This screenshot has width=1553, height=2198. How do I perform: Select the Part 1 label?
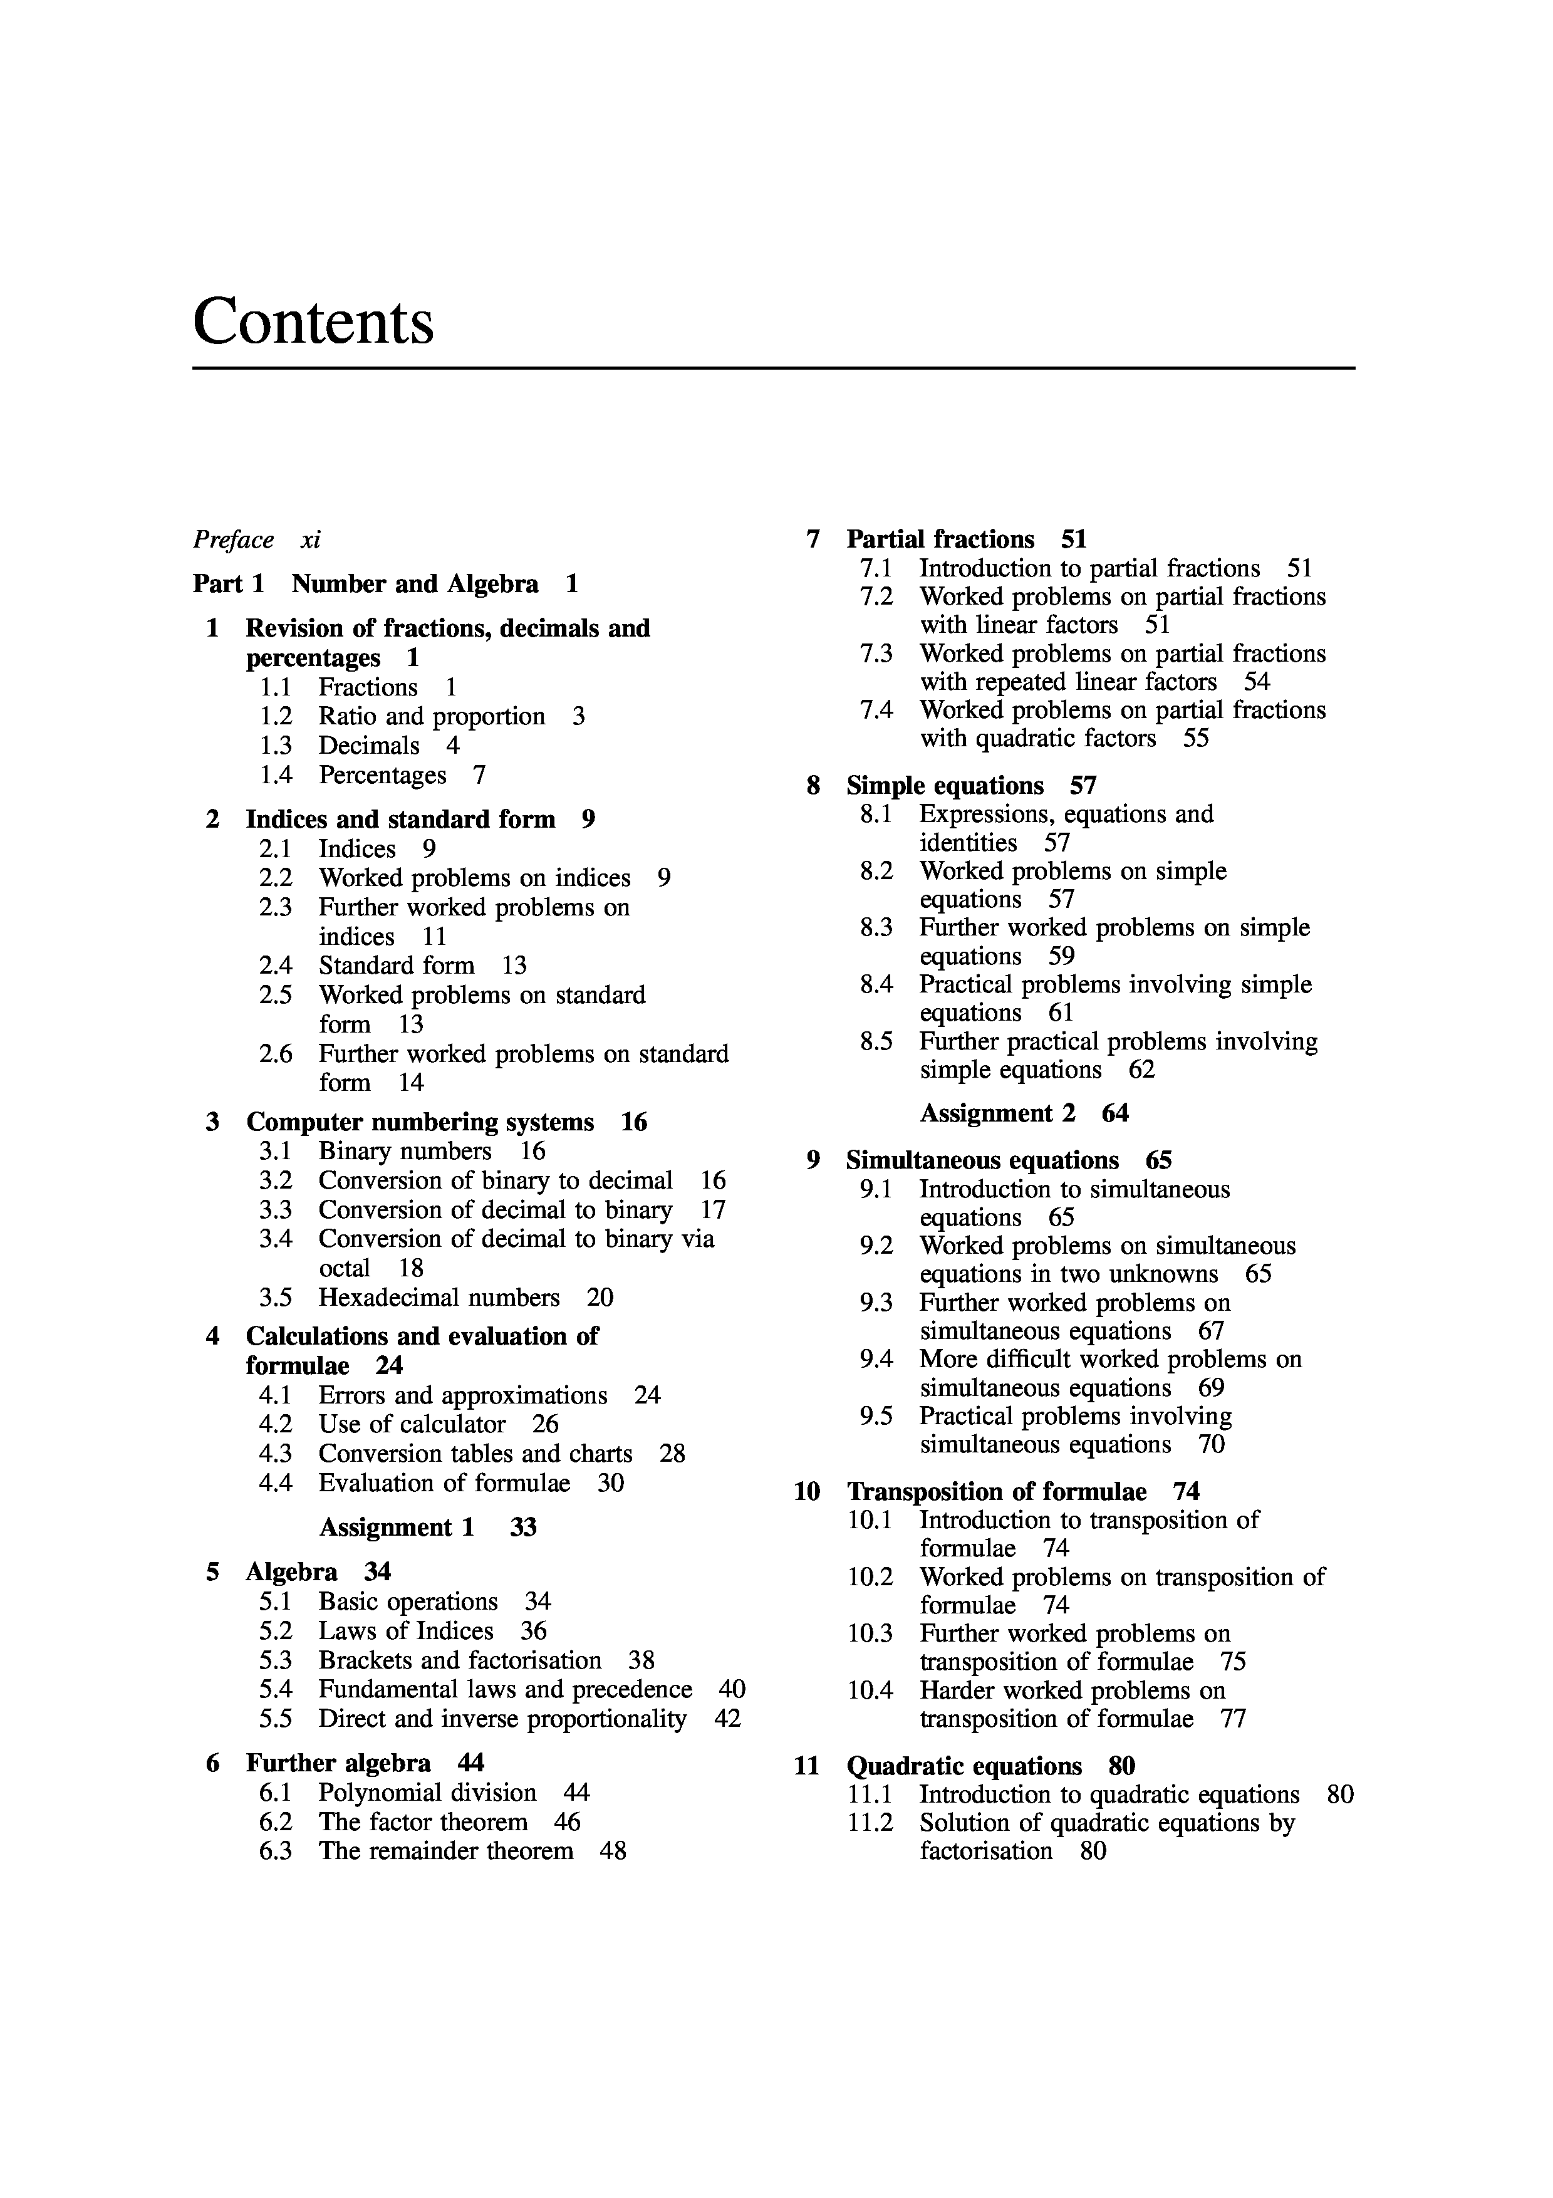click(x=228, y=584)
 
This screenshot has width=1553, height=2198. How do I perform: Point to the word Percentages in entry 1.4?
click(x=382, y=776)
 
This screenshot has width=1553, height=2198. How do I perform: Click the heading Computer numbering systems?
click(x=419, y=1122)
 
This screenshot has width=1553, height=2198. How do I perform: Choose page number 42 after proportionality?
click(x=727, y=1719)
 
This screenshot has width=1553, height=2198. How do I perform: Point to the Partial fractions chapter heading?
click(x=940, y=540)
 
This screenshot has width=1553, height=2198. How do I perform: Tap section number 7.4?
click(x=876, y=711)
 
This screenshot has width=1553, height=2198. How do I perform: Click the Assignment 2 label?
click(x=997, y=1113)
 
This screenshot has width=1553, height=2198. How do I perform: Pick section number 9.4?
click(x=876, y=1360)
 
